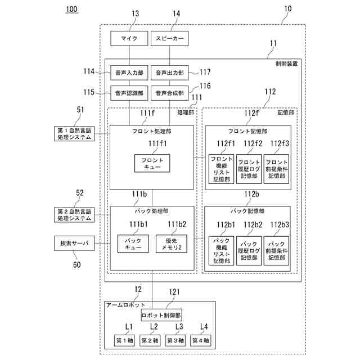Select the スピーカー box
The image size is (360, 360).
pyautogui.click(x=169, y=38)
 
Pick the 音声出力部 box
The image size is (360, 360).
pyautogui.click(x=169, y=72)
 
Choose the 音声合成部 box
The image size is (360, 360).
pyautogui.click(x=169, y=93)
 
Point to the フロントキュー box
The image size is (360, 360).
pyautogui.click(x=152, y=163)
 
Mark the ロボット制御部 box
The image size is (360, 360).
pyautogui.click(x=161, y=316)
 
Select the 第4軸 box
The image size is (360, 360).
pyautogui.click(x=200, y=340)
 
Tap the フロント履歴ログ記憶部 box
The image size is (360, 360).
pyautogui.click(x=249, y=167)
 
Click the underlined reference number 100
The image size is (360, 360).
pyautogui.click(x=71, y=10)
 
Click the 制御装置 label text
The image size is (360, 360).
pyautogui.click(x=286, y=64)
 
